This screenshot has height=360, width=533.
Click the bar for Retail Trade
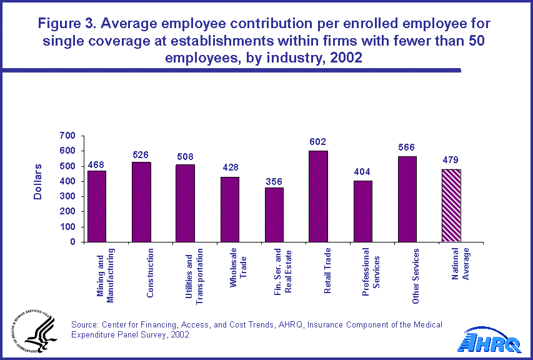[318, 196]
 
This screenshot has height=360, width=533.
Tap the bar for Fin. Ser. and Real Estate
[274, 214]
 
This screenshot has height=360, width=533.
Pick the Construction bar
[141, 202]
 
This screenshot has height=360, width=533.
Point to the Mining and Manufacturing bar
[97, 206]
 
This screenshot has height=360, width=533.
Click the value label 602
[318, 142]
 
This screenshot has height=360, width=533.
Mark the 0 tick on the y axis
[72, 242]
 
